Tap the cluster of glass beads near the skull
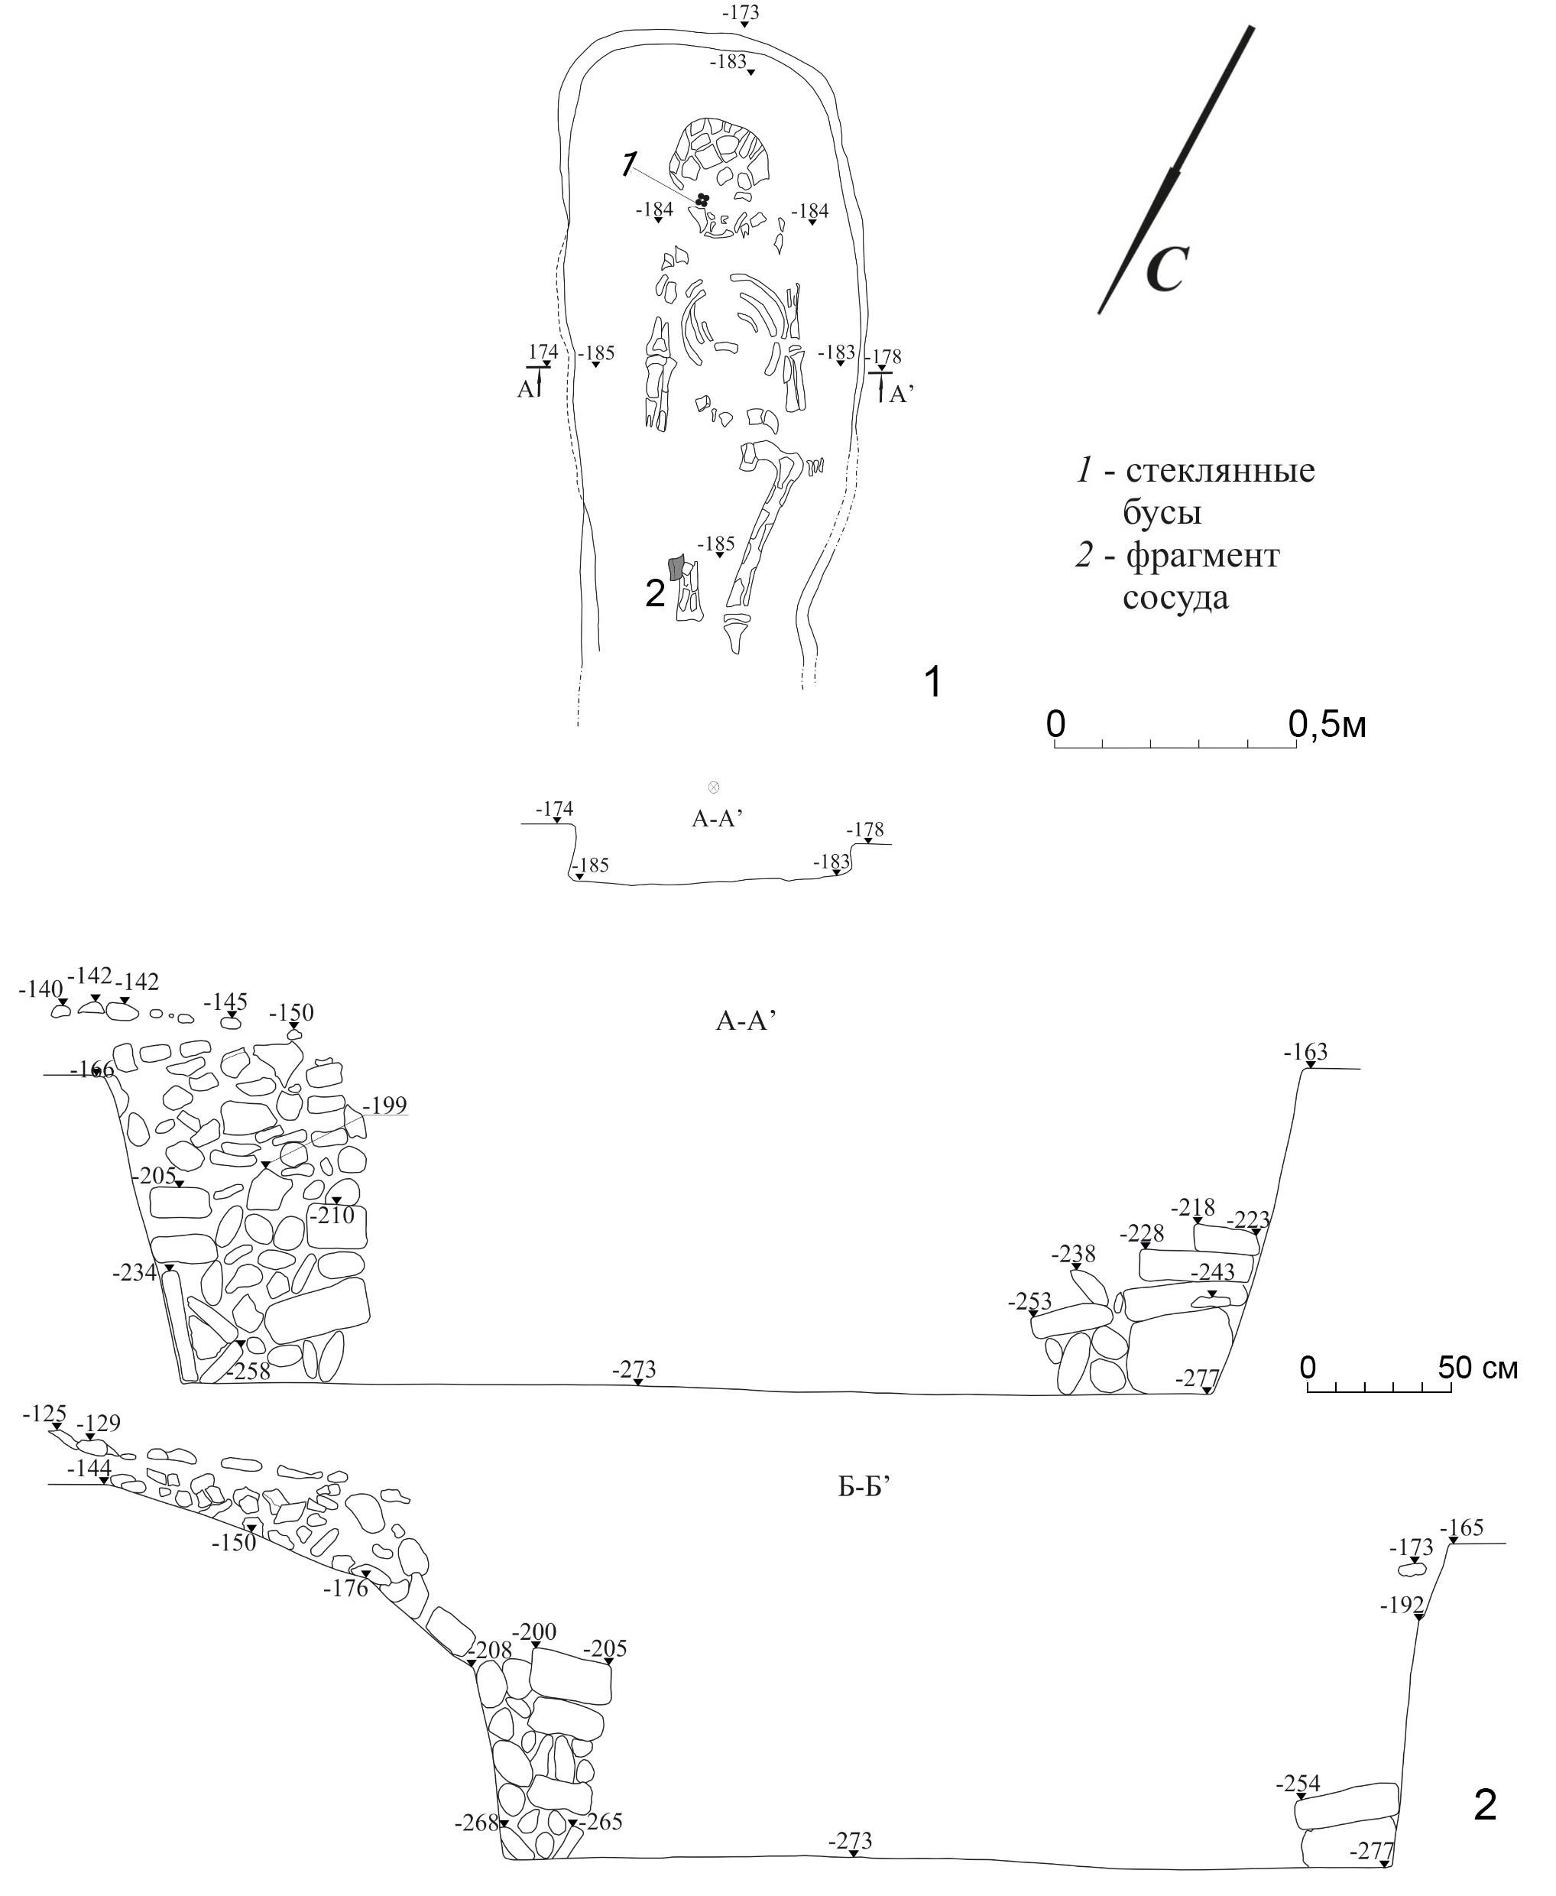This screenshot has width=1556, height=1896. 702,201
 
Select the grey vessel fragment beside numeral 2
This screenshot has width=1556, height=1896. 676,567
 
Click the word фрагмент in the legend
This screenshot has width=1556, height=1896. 1203,556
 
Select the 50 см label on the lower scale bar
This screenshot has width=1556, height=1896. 1478,1367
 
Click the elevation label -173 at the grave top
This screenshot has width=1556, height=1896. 741,12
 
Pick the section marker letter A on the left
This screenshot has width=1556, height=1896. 525,389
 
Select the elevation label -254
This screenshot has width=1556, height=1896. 1298,1784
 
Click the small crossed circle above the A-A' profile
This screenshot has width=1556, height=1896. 714,787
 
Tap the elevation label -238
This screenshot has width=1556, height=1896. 1073,1253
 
